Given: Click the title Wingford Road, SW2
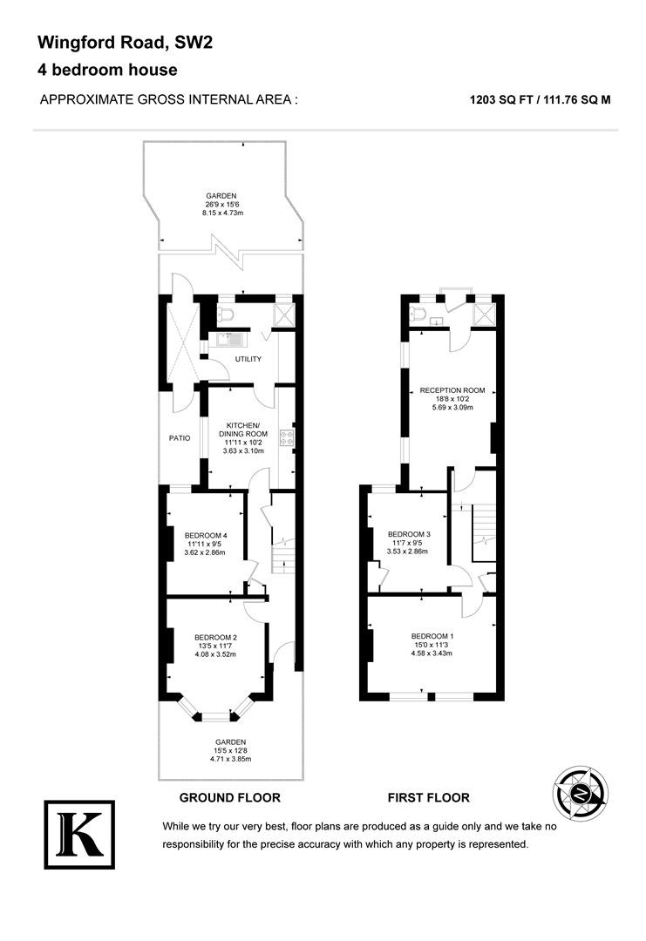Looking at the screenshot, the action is (125, 43).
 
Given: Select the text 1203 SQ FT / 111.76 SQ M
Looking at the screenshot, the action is (540, 100).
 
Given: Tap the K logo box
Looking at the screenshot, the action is (79, 834).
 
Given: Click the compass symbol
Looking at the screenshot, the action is (580, 794).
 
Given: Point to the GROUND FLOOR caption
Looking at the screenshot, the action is (230, 797).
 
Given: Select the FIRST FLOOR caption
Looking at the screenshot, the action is (429, 797).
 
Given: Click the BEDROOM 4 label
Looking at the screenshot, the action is (206, 535).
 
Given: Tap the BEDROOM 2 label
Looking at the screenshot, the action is (215, 637).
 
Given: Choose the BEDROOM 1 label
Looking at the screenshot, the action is (432, 636).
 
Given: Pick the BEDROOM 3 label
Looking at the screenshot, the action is (409, 534).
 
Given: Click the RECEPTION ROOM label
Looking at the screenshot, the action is (452, 390).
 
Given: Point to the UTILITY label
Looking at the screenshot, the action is (248, 359).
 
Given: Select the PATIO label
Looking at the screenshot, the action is (180, 438).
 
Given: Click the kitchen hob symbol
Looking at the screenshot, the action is (287, 438).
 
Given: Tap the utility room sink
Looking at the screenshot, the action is (230, 341).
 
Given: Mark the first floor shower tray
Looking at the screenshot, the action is (483, 314).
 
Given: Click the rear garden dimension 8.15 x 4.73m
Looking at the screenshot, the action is (222, 213).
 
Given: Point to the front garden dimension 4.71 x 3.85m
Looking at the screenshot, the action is (230, 759).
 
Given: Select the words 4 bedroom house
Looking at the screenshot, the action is (107, 70).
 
